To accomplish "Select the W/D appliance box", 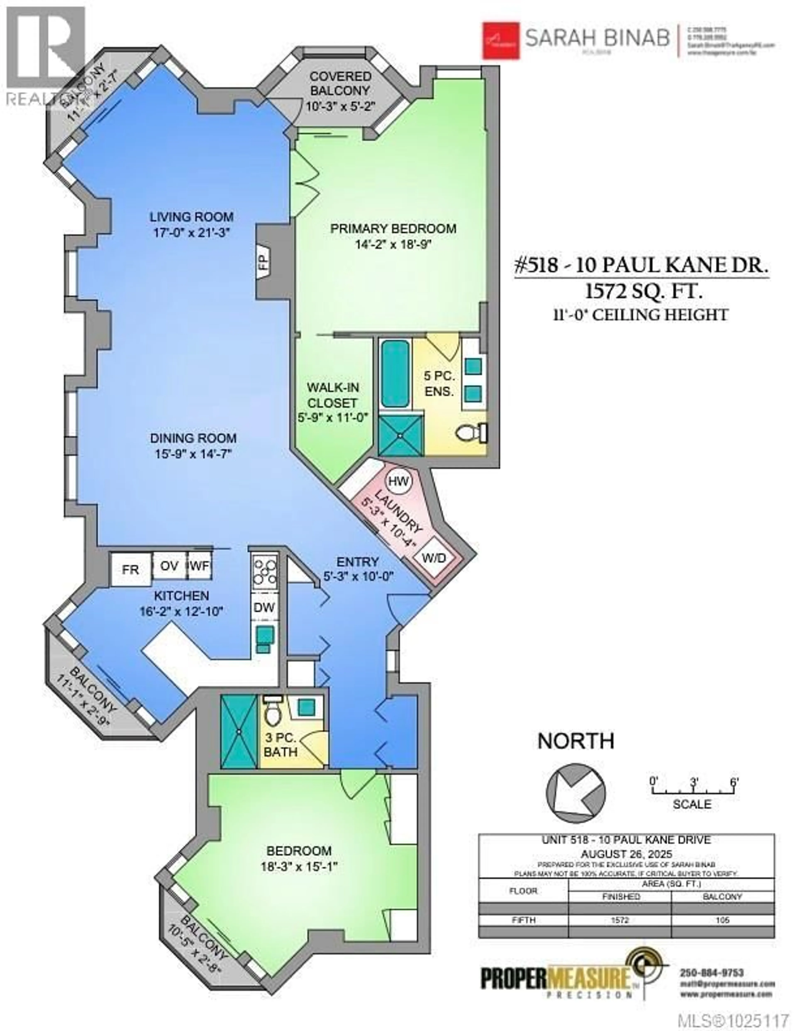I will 433,558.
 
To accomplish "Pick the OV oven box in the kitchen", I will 169,566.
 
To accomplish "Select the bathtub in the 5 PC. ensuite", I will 395,374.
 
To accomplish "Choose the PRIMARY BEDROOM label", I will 393,228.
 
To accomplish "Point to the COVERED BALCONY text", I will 340,83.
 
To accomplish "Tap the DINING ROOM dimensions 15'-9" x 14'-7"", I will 193,454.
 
